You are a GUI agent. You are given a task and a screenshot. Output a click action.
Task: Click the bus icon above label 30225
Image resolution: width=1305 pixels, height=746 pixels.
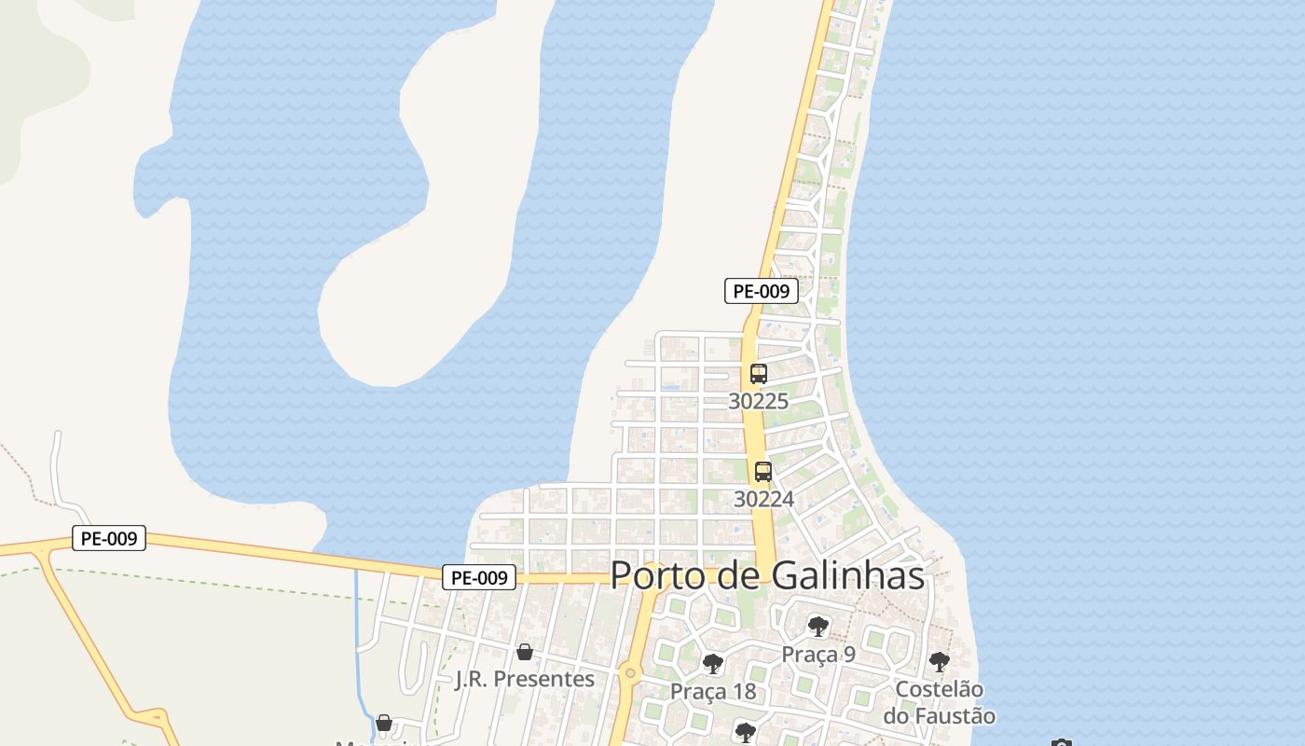[x=759, y=374]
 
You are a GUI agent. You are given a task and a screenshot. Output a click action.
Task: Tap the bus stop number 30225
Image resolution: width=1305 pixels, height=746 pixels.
[x=758, y=401]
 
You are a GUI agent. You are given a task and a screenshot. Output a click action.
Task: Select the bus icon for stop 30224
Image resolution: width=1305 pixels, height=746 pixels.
[x=763, y=472]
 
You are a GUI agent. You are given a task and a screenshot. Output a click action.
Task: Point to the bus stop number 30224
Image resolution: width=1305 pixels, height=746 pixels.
[x=763, y=499]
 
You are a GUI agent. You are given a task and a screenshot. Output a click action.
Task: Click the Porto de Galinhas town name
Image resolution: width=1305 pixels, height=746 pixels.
[x=767, y=575]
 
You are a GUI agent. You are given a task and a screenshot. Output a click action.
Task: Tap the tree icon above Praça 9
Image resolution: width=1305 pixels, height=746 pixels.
[x=818, y=626]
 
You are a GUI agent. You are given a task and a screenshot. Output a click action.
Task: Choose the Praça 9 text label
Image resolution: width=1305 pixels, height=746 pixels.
[x=818, y=654]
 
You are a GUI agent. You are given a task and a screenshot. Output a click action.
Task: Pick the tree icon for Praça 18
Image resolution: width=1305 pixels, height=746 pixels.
[x=713, y=664]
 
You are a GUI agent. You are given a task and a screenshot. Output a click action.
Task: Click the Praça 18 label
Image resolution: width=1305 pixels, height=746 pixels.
[x=713, y=691]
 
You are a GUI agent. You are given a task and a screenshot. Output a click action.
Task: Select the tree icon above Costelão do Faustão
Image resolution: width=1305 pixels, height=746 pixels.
[x=940, y=662]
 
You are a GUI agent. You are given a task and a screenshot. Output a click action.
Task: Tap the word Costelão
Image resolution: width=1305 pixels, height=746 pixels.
[x=939, y=689]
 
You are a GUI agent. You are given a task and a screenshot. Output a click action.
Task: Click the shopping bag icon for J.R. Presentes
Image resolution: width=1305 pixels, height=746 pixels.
[x=525, y=652]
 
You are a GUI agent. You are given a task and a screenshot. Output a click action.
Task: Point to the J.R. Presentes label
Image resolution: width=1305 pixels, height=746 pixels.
[x=525, y=679]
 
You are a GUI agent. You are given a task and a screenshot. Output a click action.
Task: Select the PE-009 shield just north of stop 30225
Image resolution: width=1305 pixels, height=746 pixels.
[x=762, y=291]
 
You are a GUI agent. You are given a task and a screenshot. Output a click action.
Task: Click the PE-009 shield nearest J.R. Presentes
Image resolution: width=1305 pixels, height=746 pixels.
[x=479, y=577]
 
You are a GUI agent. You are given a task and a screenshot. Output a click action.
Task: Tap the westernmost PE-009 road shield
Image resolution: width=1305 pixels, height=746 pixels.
[x=109, y=538]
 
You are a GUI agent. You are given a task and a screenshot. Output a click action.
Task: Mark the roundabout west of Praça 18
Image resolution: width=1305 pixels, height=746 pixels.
[x=630, y=672]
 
